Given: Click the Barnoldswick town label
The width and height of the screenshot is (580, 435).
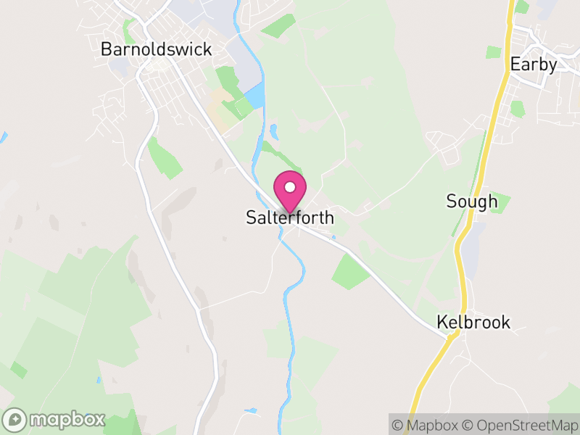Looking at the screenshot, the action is coord(157,49).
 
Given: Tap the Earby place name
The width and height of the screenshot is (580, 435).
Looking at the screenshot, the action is coord(534,64).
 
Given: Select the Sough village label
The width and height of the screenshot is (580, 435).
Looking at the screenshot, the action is coord(472,202).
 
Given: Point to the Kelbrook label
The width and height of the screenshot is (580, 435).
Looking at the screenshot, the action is coord(473,322).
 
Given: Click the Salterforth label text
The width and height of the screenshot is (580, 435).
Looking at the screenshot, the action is coord(290,217).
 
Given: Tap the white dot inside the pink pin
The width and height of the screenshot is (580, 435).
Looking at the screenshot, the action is coord(290,187).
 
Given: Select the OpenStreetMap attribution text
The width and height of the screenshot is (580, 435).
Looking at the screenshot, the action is coord(521,425).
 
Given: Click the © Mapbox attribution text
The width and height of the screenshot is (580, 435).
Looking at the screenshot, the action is coord(427,425).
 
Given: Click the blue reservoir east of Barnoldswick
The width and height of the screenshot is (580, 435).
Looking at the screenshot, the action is coord(254,97).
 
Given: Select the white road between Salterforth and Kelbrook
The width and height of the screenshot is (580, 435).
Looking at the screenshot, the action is coord(384,279).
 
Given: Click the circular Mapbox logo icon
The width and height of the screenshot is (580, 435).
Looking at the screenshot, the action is coord(15,420).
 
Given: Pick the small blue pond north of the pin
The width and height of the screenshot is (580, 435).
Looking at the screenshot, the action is coord(273,131).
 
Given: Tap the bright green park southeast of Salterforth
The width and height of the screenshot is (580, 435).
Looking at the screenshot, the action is coord(350,272).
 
